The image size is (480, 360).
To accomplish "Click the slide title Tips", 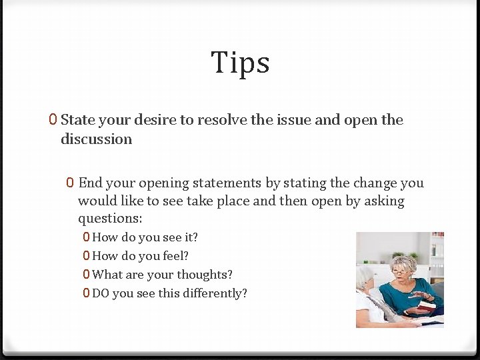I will pos(240,63).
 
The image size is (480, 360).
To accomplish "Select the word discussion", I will pos(96,139).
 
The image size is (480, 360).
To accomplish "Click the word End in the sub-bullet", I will pos(90,183).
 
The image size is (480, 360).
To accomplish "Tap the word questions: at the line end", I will pos(110,219).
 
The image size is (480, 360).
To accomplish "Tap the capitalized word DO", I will pos(101,293).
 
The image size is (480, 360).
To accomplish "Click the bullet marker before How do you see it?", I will pos(87,237).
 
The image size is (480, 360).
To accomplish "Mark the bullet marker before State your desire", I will pos(53,120).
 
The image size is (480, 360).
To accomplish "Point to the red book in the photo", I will pos(426,305).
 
